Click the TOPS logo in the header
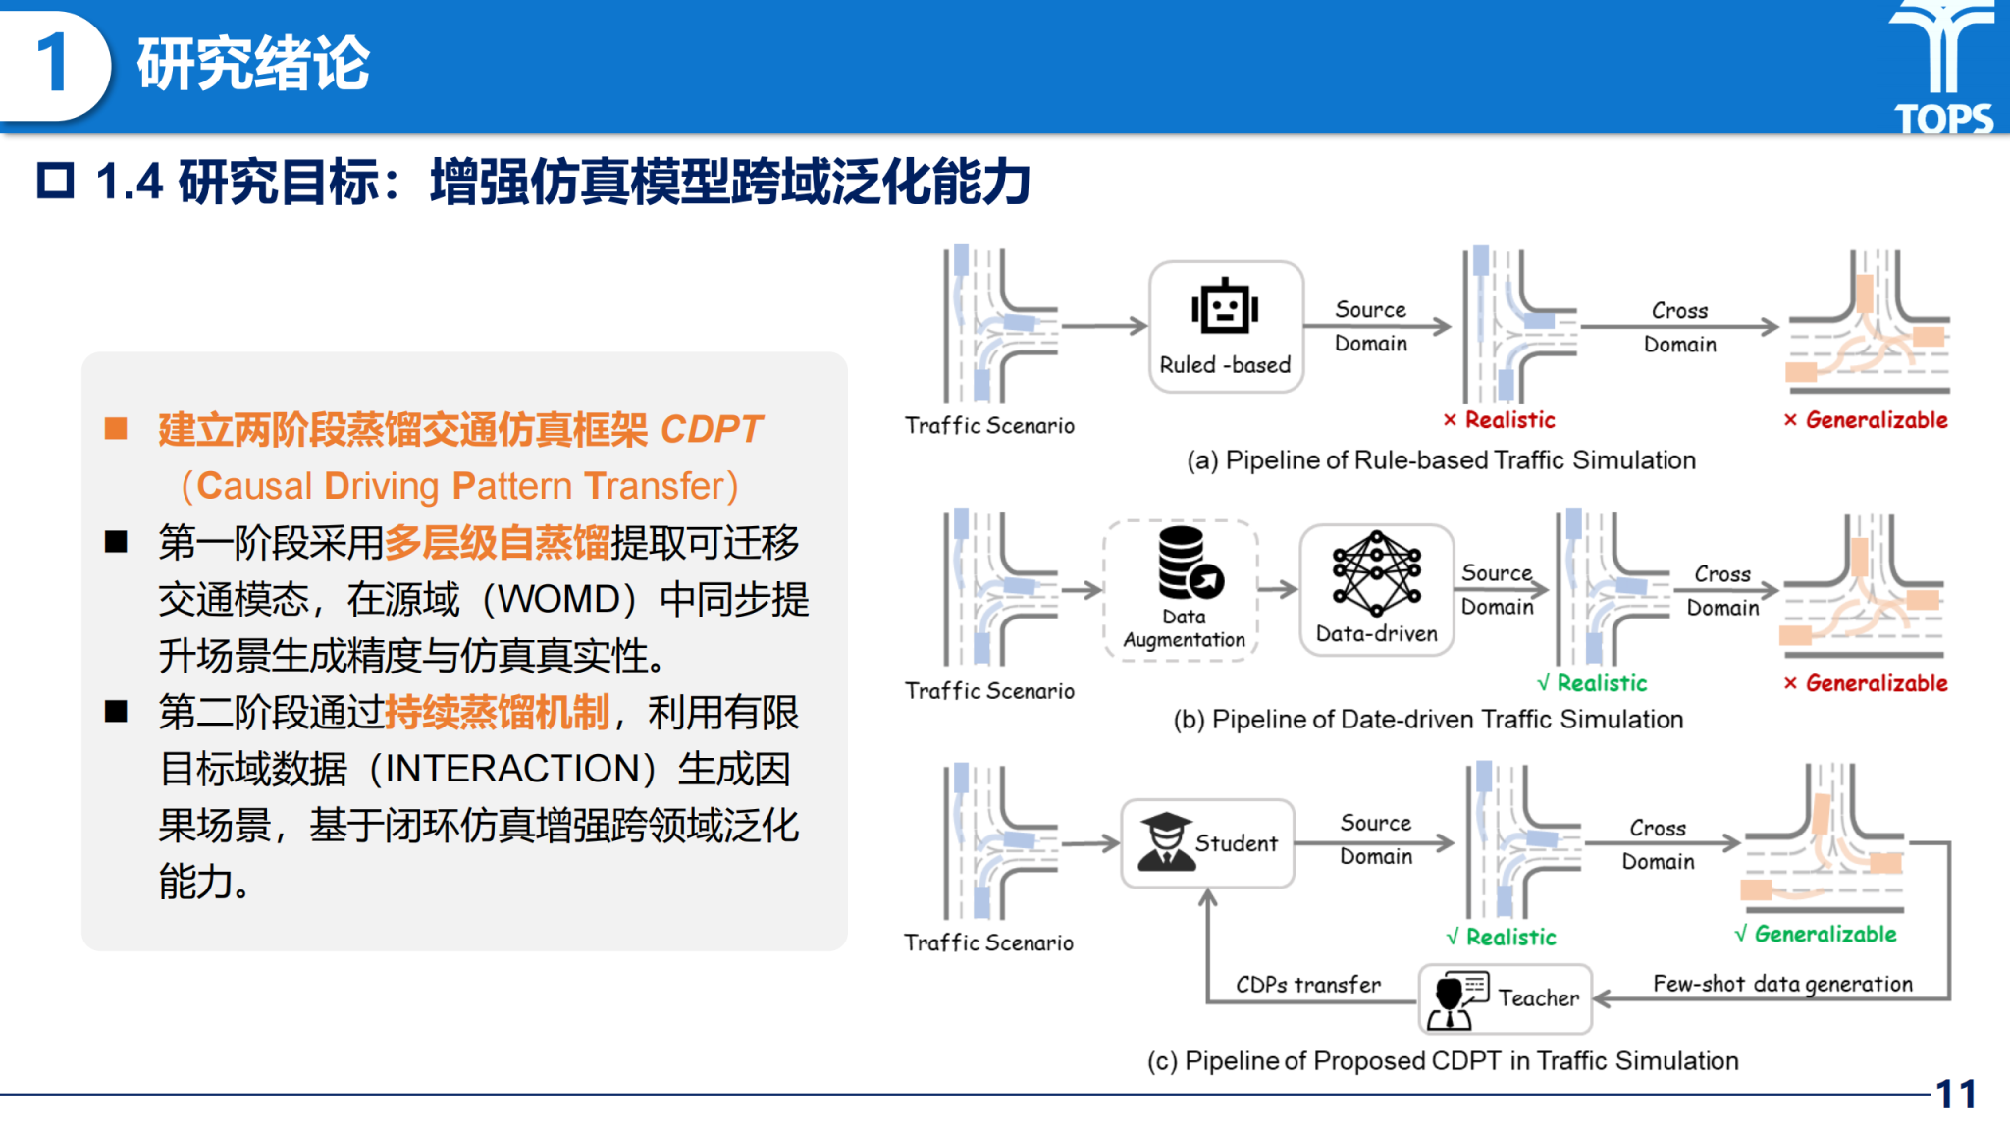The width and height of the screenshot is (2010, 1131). (x=1943, y=67)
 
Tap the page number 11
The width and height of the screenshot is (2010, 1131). (x=1955, y=1094)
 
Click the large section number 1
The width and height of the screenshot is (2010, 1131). (x=52, y=64)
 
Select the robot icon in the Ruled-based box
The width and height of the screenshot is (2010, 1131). (x=1225, y=307)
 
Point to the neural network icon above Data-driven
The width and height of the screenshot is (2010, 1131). (x=1376, y=572)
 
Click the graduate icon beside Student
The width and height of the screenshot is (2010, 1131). (x=1165, y=842)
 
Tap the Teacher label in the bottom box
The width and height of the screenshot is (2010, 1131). (x=1538, y=997)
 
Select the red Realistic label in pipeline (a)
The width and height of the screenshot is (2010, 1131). (x=1509, y=420)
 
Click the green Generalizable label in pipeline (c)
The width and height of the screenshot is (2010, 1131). (x=1825, y=934)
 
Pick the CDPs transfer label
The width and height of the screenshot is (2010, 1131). (x=1307, y=984)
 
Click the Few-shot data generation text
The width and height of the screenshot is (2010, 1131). (x=1782, y=984)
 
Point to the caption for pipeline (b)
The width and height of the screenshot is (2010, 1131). (x=1428, y=720)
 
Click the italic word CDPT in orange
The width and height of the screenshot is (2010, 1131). (x=711, y=429)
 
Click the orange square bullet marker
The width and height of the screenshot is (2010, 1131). (x=117, y=429)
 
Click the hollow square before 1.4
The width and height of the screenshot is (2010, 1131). (x=56, y=182)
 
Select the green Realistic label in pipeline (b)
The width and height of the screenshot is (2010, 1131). (x=1602, y=683)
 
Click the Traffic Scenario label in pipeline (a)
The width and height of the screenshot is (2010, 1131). (x=989, y=425)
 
